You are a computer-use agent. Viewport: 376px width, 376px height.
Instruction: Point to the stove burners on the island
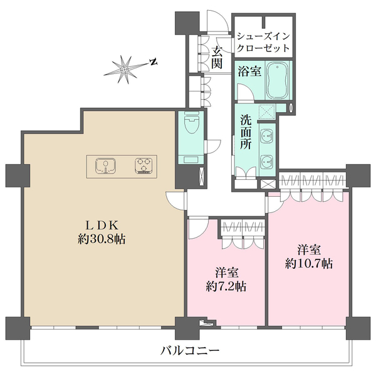pyautogui.click(x=144, y=166)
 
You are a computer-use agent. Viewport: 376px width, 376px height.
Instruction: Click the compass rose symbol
pyautogui.click(x=125, y=67)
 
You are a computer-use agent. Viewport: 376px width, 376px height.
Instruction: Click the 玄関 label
pyautogui.click(x=217, y=58)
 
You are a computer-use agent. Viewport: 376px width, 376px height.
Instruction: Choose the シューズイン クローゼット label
pyautogui.click(x=263, y=42)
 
